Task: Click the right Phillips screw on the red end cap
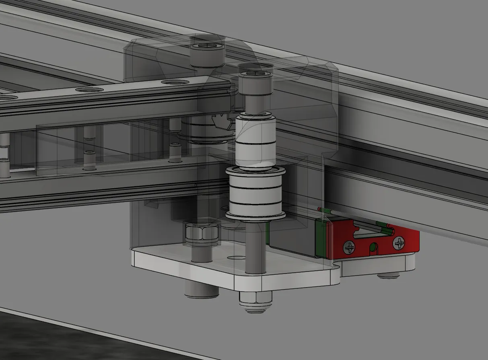pyautogui.click(x=399, y=243)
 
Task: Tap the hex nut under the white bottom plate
pyautogui.click(x=255, y=298)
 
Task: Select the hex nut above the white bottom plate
pyautogui.click(x=201, y=233)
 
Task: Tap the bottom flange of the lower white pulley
pyautogui.click(x=255, y=216)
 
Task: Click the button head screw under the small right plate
pyautogui.click(x=388, y=276)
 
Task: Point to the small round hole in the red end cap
pyautogui.click(x=375, y=246)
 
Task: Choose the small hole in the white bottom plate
pyautogui.click(x=233, y=257)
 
